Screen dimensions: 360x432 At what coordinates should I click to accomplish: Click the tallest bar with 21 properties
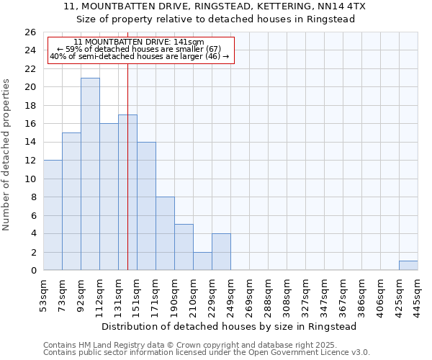pos(90,174)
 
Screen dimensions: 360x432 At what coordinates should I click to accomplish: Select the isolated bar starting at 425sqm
pos(408,266)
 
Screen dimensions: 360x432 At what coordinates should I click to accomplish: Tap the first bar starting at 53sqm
pos(53,215)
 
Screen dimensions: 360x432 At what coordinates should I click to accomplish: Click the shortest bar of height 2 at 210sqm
pos(202,261)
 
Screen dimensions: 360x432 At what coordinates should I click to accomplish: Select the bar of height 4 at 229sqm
pos(221,252)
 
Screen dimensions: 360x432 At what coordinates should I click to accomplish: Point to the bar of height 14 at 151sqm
pos(146,207)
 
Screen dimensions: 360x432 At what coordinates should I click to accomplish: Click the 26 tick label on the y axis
pos(30,32)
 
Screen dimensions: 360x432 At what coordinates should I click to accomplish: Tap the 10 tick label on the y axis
pos(30,179)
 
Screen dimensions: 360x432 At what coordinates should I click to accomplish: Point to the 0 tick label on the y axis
pos(32,271)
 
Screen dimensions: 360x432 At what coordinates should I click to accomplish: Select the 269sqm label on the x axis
pos(249,294)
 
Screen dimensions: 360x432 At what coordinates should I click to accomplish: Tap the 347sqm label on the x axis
pos(324,294)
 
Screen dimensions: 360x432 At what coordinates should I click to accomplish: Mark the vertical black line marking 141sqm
pos(127,180)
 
